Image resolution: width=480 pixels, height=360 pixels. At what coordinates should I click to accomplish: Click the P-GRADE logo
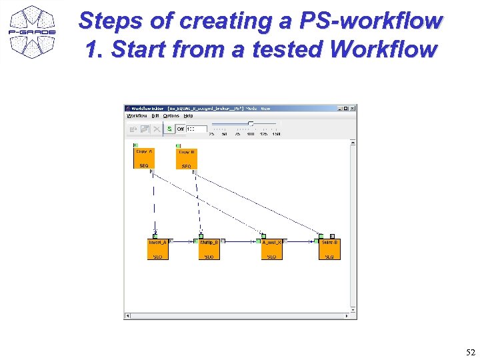pos(31,31)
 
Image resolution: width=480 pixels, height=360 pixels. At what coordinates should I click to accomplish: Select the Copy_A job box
pos(144,158)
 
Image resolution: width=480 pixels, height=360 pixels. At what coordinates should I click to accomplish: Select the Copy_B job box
pos(186,159)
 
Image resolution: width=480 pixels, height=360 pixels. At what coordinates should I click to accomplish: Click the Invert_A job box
pos(157,249)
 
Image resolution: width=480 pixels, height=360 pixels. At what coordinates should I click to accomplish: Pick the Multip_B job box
pos(209,249)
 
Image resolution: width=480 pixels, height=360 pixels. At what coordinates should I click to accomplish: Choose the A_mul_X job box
pos(271,249)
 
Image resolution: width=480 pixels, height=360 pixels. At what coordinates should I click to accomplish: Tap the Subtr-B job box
pos(329,249)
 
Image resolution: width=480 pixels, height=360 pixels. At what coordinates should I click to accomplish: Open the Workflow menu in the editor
pos(137,116)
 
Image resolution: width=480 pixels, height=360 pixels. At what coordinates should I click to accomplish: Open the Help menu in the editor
pos(189,116)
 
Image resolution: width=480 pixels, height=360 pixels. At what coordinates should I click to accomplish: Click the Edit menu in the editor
pos(155,116)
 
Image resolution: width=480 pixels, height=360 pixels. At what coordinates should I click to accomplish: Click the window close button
pos(353,108)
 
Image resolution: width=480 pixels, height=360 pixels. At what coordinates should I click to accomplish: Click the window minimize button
pos(339,108)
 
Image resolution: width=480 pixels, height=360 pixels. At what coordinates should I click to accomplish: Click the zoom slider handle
pos(250,124)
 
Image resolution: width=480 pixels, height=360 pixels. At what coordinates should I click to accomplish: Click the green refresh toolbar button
pos(169,129)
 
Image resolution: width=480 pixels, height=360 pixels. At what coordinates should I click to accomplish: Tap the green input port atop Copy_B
pos(178,146)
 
